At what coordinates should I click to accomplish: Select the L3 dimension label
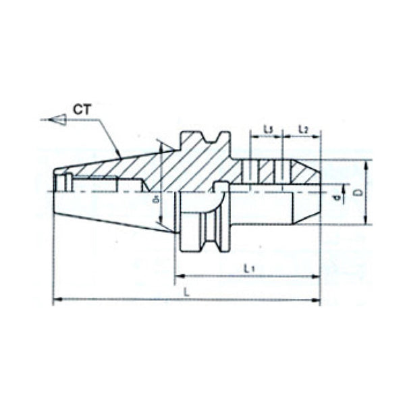coord(267,128)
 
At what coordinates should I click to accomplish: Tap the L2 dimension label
coord(303,128)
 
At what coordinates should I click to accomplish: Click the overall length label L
coord(186,292)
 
